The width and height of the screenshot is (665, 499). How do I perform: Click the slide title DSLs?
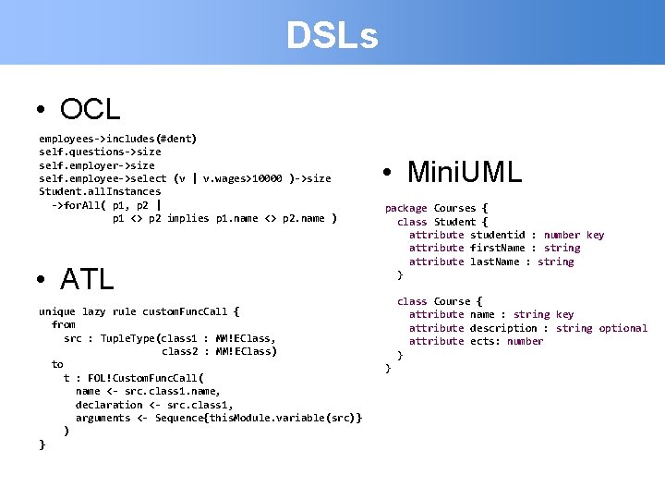[x=332, y=36]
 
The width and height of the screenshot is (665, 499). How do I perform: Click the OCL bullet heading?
[x=91, y=109]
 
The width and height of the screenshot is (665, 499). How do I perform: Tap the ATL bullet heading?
[x=87, y=277]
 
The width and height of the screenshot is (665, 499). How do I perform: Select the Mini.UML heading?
[x=465, y=171]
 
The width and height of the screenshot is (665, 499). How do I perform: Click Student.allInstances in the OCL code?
[x=100, y=191]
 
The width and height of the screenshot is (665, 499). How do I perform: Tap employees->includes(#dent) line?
[x=117, y=139]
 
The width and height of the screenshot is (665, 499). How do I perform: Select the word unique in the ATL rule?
[x=57, y=311]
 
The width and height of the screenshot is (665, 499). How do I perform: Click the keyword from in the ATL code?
[x=64, y=324]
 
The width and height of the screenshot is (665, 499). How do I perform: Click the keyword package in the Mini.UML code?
[x=405, y=208]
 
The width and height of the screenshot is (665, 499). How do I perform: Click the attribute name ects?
[x=485, y=341]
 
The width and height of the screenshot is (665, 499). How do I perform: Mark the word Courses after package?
[x=454, y=208]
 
